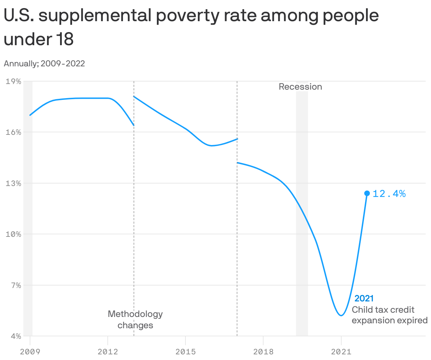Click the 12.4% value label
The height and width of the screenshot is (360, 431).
coord(389,193)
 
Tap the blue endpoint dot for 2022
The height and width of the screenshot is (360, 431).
coord(367,193)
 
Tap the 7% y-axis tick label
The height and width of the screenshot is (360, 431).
coord(15,285)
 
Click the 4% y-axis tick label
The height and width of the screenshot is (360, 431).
coord(15,336)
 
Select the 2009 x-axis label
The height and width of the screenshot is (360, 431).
coord(30,352)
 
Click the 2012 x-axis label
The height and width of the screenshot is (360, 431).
coord(108,352)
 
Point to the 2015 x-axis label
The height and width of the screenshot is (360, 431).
coord(185,352)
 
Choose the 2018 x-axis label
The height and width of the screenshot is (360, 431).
coord(263,352)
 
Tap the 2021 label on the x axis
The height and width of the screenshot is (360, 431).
coord(341,352)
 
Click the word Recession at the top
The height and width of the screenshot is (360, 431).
coord(300,87)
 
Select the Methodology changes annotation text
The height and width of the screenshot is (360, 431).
coord(135,319)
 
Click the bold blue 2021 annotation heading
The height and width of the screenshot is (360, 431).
coord(364,299)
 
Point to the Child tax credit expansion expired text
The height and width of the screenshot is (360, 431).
coord(389,315)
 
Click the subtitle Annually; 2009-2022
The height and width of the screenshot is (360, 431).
coord(44,64)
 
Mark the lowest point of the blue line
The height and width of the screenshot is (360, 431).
coord(341,315)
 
